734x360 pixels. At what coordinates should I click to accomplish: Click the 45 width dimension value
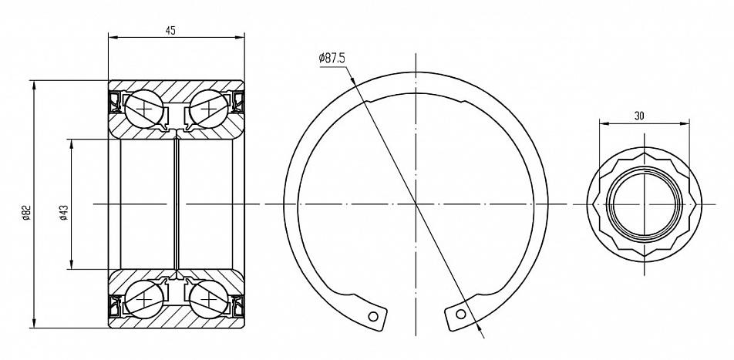pyautogui.click(x=170, y=31)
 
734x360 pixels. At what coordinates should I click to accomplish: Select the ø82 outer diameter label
pyautogui.click(x=26, y=213)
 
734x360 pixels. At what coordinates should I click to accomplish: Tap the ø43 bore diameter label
pyautogui.click(x=64, y=213)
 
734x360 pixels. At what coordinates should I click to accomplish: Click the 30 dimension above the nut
pyautogui.click(x=639, y=116)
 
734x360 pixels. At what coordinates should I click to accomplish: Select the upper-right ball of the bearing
pyautogui.click(x=208, y=109)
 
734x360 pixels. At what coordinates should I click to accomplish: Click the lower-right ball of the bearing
pyautogui.click(x=208, y=298)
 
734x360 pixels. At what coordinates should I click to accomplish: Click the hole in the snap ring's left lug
pyautogui.click(x=373, y=317)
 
